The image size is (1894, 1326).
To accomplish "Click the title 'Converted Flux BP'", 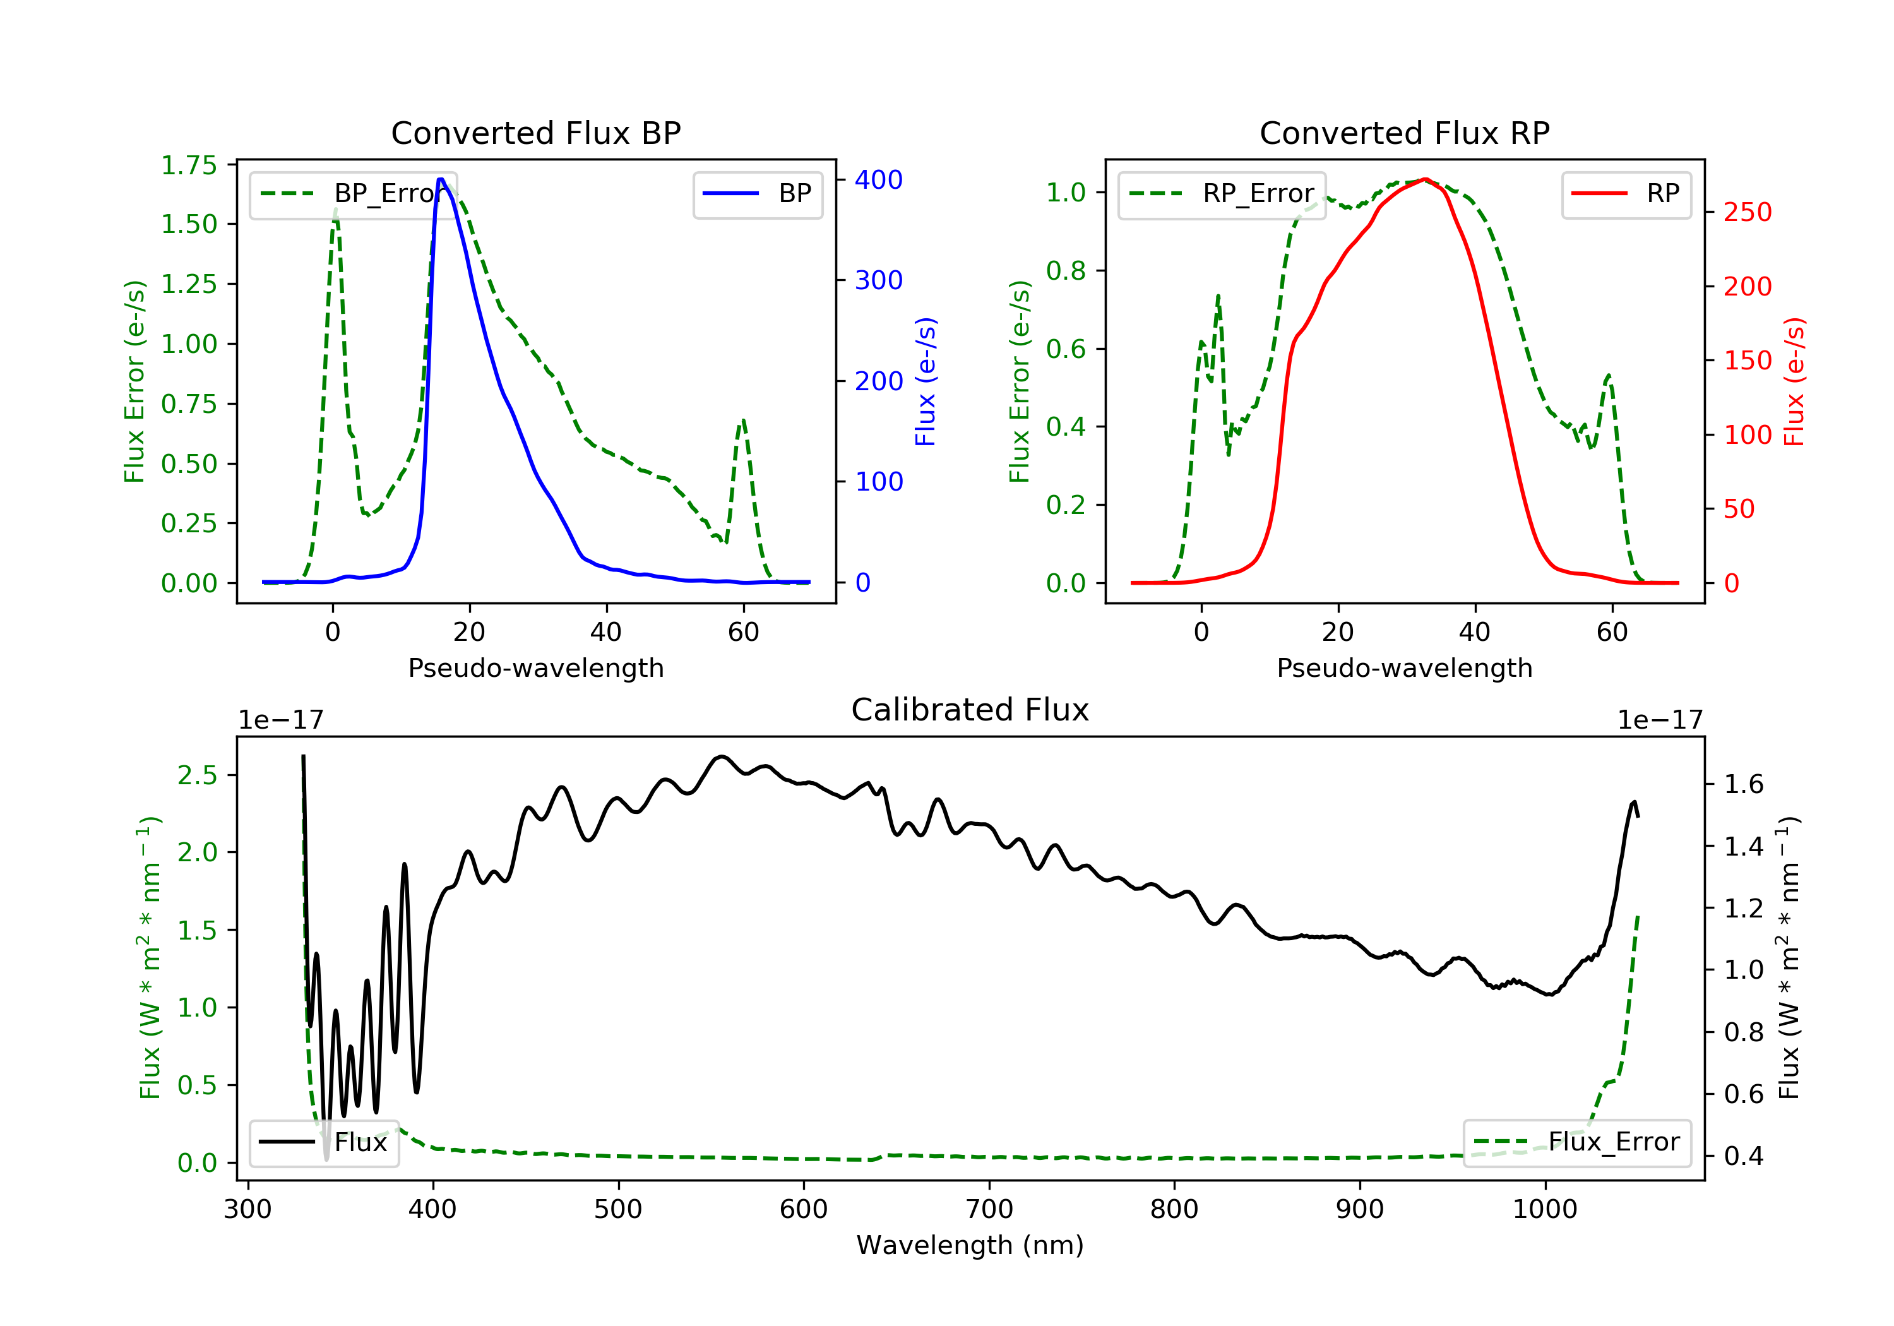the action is tap(535, 133).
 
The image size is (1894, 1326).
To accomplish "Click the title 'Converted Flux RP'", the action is tap(1404, 133).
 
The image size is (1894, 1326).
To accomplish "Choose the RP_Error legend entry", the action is tap(1221, 194).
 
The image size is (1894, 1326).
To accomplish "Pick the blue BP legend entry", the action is tap(757, 194).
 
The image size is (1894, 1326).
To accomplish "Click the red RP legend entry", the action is tap(1625, 194).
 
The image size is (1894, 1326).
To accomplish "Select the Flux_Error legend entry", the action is tap(1576, 1142).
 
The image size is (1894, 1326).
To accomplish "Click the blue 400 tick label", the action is tap(879, 180).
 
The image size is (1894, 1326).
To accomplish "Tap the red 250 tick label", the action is tap(1747, 212).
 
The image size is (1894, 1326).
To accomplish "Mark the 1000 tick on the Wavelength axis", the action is tap(1544, 1210).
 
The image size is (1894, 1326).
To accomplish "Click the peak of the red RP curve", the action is tap(1425, 179).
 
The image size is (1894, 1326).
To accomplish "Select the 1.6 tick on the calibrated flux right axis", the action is tap(1744, 784).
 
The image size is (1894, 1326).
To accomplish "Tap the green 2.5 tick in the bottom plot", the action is tap(197, 775).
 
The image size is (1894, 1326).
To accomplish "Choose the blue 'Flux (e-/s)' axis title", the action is tap(926, 381).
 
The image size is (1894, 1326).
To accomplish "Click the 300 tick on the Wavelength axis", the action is tap(247, 1210).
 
